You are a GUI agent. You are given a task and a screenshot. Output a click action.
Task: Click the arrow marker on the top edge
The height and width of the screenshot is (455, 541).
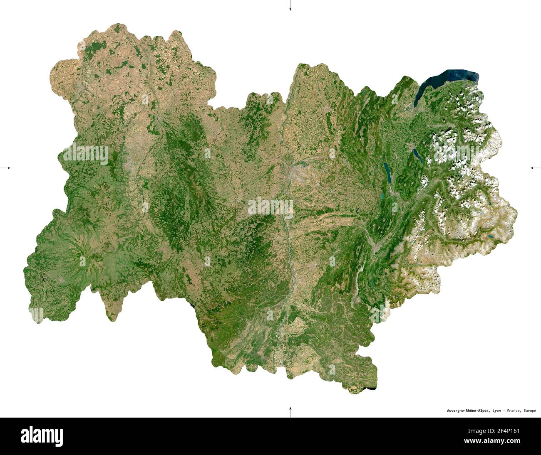coord(290,6)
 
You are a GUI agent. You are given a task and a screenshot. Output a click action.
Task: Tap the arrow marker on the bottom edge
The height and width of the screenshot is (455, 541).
coord(290,411)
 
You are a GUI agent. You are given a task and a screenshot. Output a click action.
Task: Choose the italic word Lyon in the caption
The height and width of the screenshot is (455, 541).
coord(496,411)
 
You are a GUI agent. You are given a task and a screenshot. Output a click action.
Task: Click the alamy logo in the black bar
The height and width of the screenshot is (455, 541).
coord(42,436)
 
